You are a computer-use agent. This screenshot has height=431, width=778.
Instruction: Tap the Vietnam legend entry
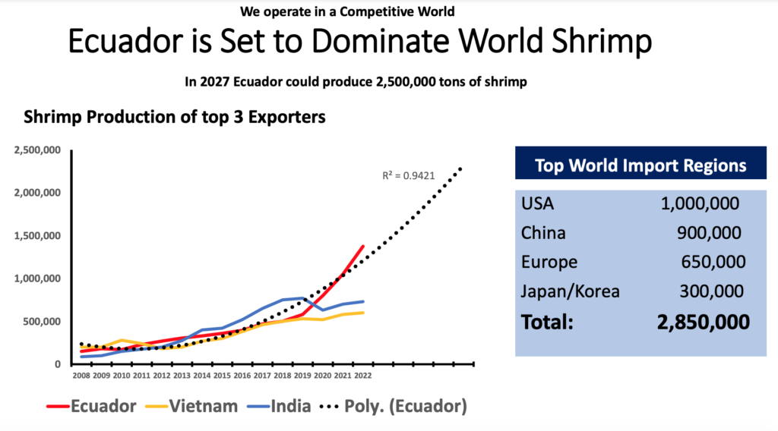[x=197, y=406]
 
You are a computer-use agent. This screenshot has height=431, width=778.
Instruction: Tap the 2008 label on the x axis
[x=81, y=375]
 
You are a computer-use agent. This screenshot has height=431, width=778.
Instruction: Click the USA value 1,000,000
[x=700, y=204]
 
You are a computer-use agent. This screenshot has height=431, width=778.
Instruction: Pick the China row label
[x=543, y=233]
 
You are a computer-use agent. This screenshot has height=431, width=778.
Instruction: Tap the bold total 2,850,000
[x=703, y=322]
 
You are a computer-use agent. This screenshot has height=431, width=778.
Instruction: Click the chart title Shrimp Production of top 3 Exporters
[x=175, y=118]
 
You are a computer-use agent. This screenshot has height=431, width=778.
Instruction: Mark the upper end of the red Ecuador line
[x=363, y=246]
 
